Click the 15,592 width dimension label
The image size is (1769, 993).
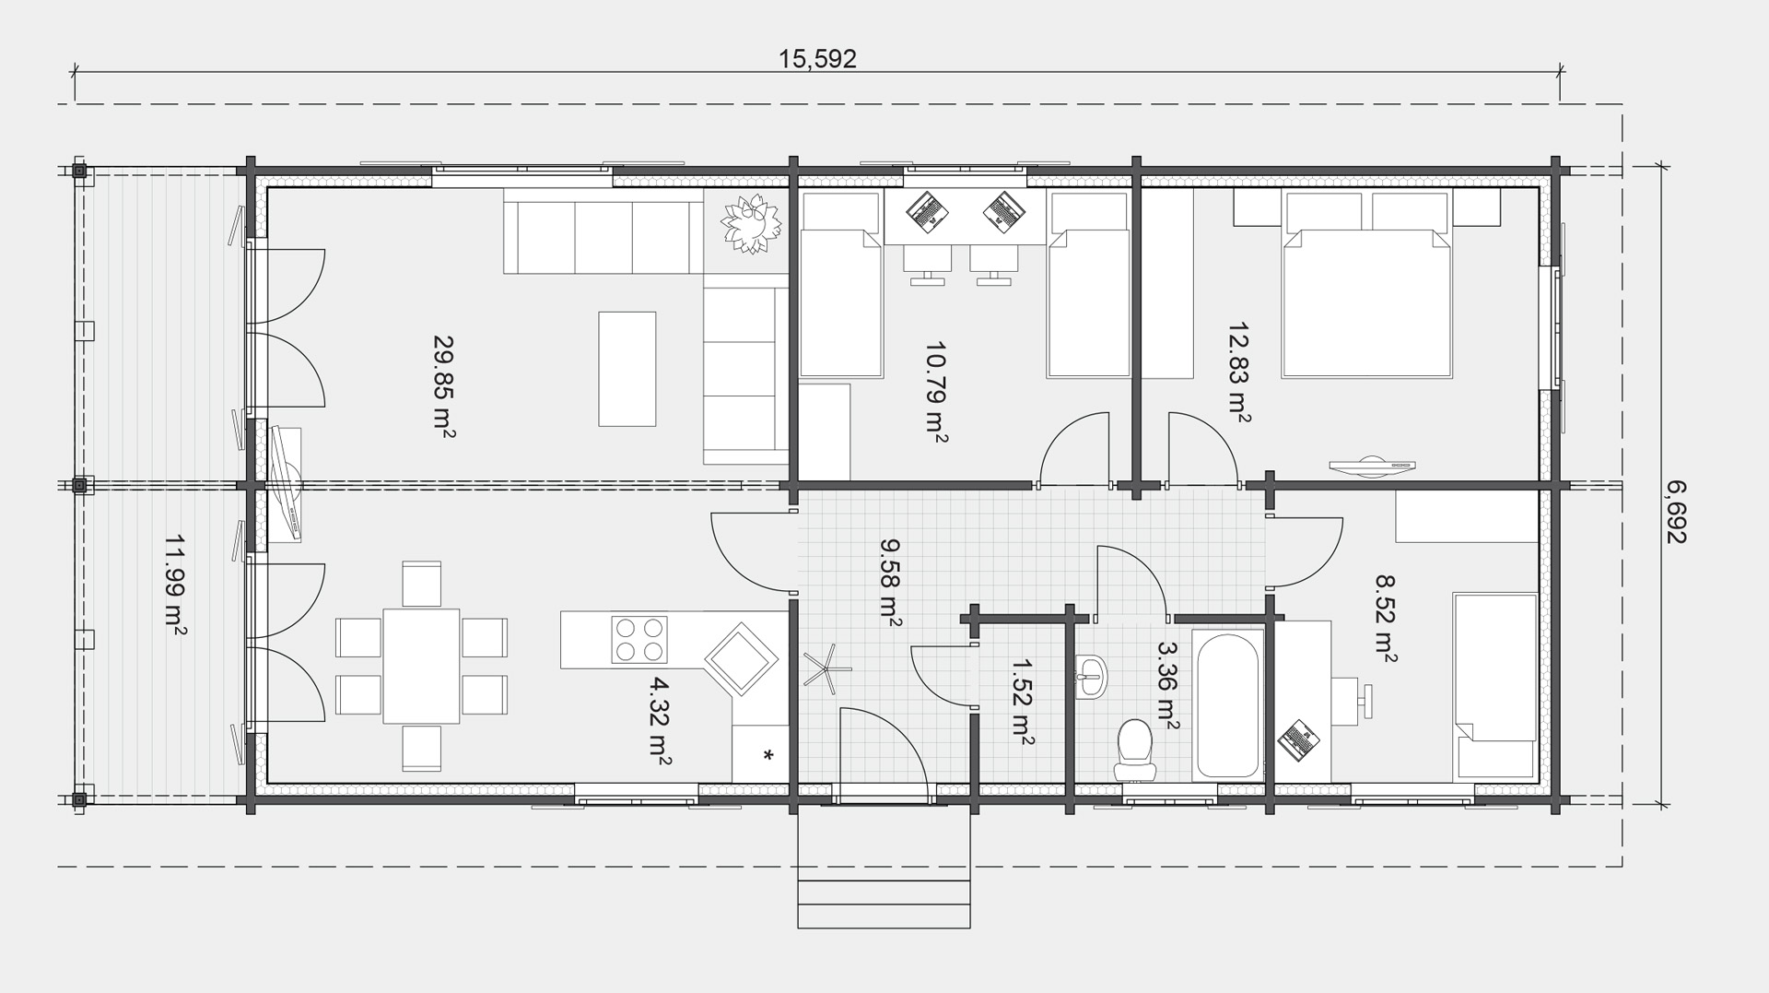(817, 59)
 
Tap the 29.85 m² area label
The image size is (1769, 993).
(444, 386)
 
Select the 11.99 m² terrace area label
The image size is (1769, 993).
(175, 586)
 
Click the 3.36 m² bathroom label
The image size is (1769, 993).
(1166, 688)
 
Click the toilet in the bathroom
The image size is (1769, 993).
(1134, 751)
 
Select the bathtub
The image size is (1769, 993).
(1226, 704)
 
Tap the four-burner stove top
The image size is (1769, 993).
(639, 640)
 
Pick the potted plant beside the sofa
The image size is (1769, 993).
(750, 224)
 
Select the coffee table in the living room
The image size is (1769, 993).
(627, 369)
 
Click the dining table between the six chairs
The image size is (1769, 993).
(421, 666)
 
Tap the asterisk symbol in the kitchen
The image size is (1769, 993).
(767, 756)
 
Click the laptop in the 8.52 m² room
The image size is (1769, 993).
(1300, 740)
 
